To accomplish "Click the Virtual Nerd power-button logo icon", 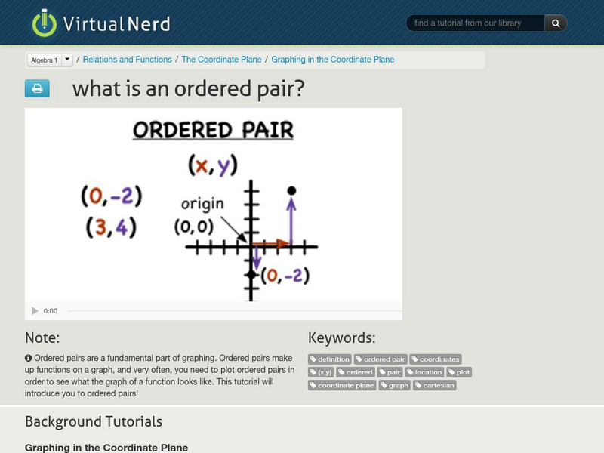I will [x=45, y=23].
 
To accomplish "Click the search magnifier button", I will [x=556, y=23].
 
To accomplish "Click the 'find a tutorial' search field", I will [x=476, y=23].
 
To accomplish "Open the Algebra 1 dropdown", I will [x=50, y=60].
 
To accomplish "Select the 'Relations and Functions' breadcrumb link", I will [x=127, y=60].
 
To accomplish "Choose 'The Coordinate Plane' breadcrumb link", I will [x=221, y=60].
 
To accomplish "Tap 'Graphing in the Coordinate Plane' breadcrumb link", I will [x=332, y=60].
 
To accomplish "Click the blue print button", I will [x=37, y=88].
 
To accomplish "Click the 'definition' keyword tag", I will [x=330, y=359].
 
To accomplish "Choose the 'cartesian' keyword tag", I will [x=434, y=385].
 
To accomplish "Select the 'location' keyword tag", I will [x=424, y=372].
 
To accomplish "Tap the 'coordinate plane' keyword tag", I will [x=342, y=385].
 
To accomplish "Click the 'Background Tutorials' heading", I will [x=94, y=421].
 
